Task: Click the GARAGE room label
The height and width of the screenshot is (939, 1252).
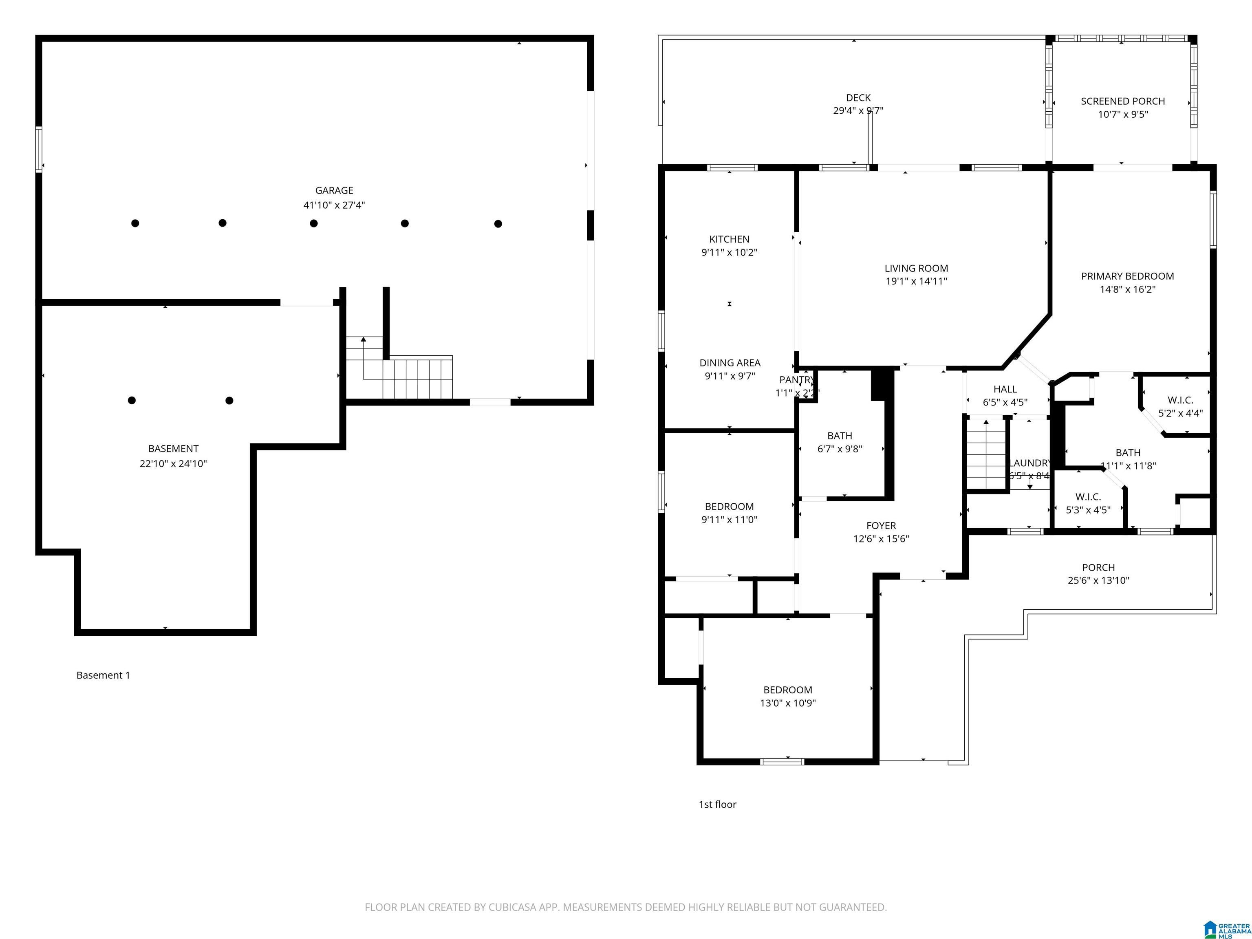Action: click(x=334, y=191)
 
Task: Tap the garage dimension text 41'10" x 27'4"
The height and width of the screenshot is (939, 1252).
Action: click(x=334, y=205)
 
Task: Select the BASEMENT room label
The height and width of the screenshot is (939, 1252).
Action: click(x=173, y=449)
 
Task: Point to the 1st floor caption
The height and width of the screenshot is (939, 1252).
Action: click(x=717, y=804)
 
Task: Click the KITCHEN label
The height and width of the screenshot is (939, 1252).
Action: click(x=729, y=239)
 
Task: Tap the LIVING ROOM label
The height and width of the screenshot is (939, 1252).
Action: click(x=916, y=268)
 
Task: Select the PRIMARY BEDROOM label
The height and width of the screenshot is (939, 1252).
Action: click(x=1127, y=276)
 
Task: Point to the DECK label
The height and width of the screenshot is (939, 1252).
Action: click(x=858, y=98)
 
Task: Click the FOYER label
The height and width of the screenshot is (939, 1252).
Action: click(x=881, y=526)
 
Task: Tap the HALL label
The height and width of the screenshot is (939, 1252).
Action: click(x=1005, y=389)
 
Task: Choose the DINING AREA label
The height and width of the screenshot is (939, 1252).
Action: click(x=730, y=363)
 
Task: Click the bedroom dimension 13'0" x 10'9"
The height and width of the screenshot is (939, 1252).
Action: click(x=787, y=703)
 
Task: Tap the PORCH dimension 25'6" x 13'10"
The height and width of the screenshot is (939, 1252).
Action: click(x=1098, y=580)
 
